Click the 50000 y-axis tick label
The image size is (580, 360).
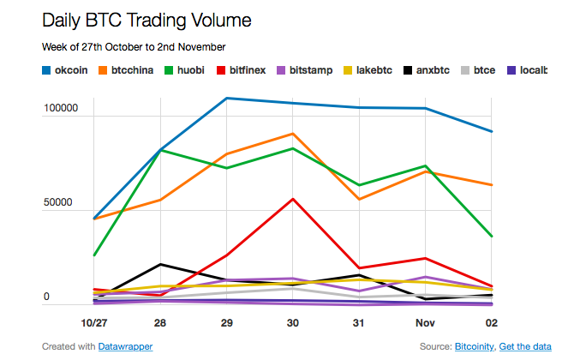click(x=63, y=204)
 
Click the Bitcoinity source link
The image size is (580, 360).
click(x=475, y=346)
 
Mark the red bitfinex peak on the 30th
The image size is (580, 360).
click(x=294, y=199)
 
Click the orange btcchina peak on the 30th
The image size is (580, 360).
click(x=293, y=134)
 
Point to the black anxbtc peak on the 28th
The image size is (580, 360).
click(x=161, y=264)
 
